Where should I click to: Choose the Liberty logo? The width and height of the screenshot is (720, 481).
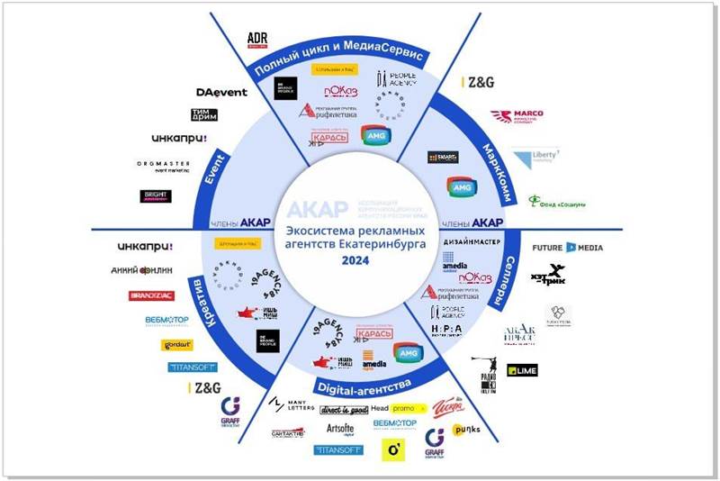pos(536,158)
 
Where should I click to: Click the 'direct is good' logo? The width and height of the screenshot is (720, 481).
pos(344,409)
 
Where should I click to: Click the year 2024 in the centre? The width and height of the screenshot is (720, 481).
pos(360,260)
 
